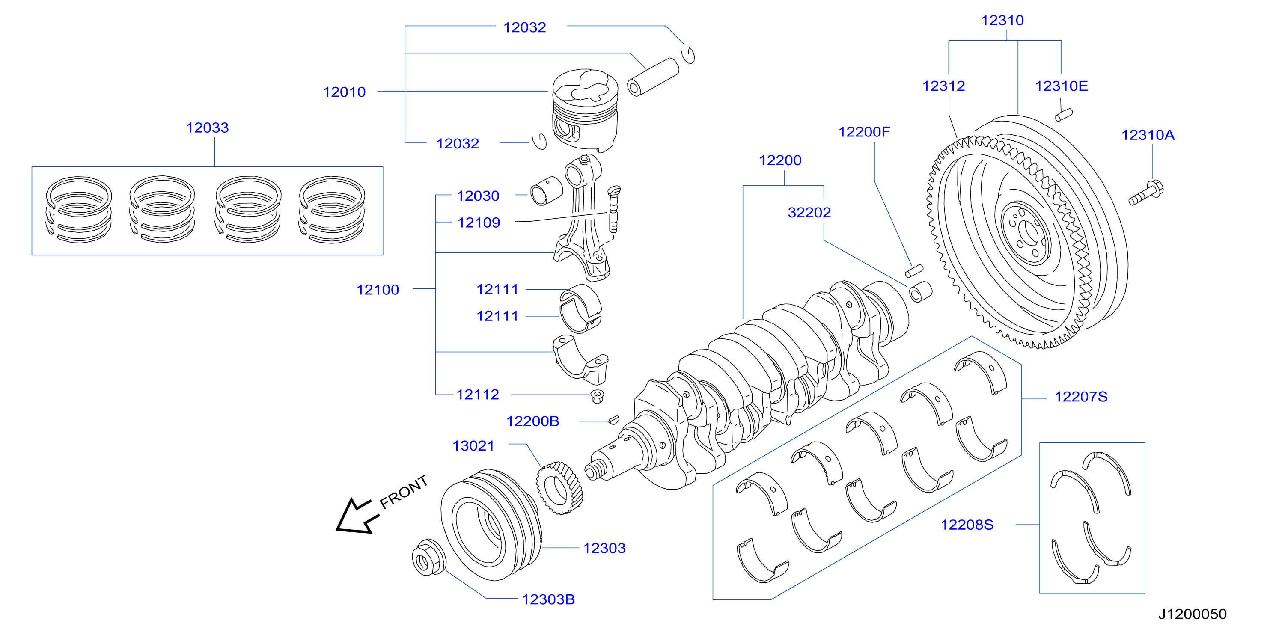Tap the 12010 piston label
pyautogui.click(x=344, y=92)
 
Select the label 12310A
pyautogui.click(x=1148, y=135)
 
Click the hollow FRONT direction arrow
pyautogui.click(x=357, y=516)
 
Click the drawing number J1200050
pyautogui.click(x=1192, y=614)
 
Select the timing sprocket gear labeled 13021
pyautogui.click(x=559, y=488)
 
